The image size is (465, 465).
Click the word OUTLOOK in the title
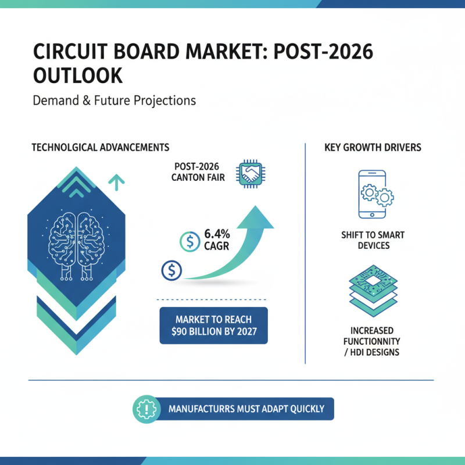pyautogui.click(x=78, y=76)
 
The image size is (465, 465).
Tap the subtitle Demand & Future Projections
pyautogui.click(x=115, y=101)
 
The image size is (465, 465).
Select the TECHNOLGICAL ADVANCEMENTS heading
pyautogui.click(x=100, y=147)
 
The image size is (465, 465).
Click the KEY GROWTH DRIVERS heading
pyautogui.click(x=373, y=147)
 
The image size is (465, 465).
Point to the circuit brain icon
pyautogui.click(x=78, y=239)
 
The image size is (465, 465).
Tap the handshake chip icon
pyautogui.click(x=252, y=173)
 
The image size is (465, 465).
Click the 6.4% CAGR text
pyautogui.click(x=217, y=239)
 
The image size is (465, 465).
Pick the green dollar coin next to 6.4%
pyautogui.click(x=190, y=239)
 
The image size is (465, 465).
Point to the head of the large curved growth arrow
pyautogui.click(x=259, y=216)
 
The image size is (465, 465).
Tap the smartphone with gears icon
pyautogui.click(x=373, y=195)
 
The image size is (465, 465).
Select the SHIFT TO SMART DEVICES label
pyautogui.click(x=373, y=240)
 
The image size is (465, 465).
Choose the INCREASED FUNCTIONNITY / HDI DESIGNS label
pyautogui.click(x=373, y=341)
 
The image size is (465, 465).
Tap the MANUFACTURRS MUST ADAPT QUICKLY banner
pyautogui.click(x=246, y=409)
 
